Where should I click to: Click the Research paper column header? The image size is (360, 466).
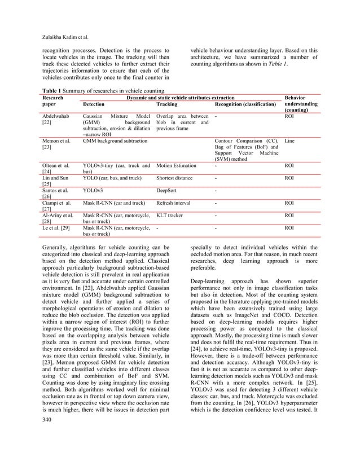point(54,101)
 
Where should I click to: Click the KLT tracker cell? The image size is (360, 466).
point(170,216)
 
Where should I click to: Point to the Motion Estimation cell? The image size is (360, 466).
point(177,166)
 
